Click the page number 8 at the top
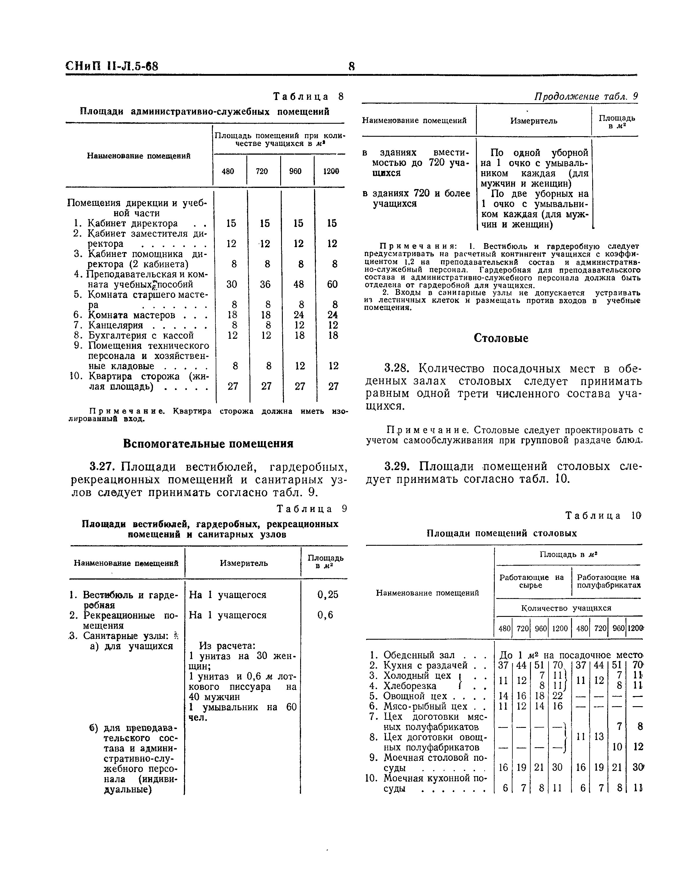352,66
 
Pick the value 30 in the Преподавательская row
232,284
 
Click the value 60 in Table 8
332,284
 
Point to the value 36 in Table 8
265,284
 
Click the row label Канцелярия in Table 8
116,325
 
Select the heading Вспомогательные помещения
208,443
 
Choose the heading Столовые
501,338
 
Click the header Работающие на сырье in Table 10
531,581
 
